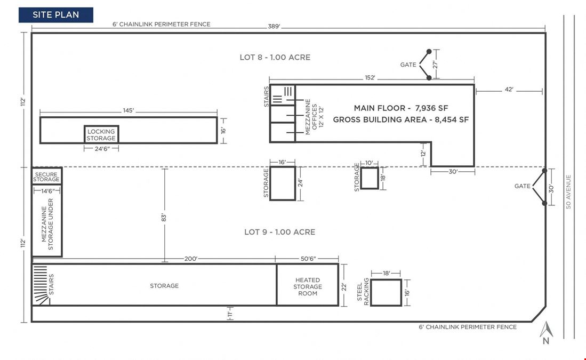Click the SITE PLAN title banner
[x=55, y=15]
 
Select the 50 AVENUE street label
[x=568, y=192]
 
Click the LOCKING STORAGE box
[x=101, y=134]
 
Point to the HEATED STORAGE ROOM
[x=308, y=285]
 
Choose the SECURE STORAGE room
[x=46, y=176]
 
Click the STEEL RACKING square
[x=386, y=292]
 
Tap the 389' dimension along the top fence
[x=274, y=27]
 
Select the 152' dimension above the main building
[x=370, y=78]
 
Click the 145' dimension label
[x=128, y=110]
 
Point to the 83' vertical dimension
[x=164, y=218]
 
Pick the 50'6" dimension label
[x=308, y=259]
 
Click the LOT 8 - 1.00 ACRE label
[x=275, y=57]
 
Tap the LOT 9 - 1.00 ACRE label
[x=279, y=232]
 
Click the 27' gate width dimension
[x=435, y=65]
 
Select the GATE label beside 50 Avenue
[x=523, y=186]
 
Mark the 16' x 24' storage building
[x=283, y=183]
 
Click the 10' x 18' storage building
[x=370, y=178]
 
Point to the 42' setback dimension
[x=509, y=90]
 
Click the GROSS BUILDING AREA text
[x=380, y=119]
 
